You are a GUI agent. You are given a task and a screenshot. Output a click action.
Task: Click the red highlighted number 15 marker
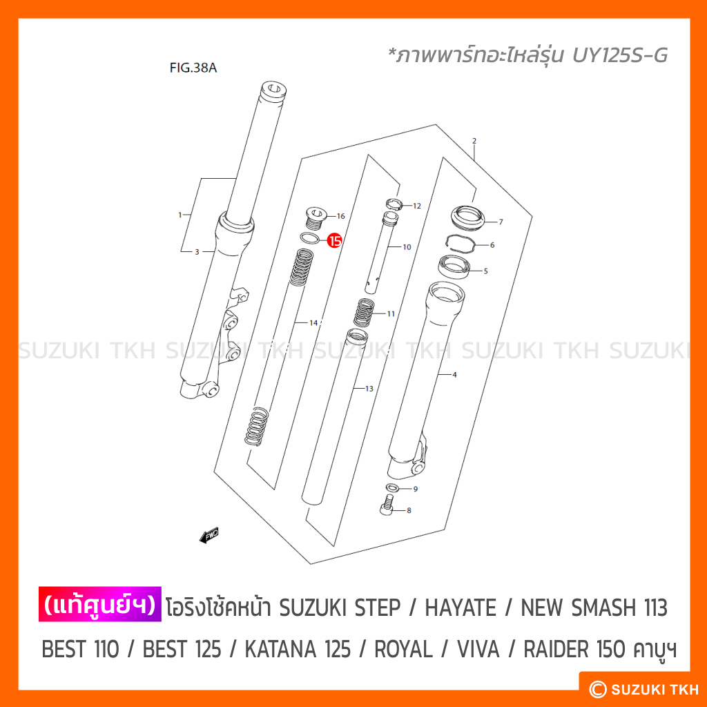tap(335, 241)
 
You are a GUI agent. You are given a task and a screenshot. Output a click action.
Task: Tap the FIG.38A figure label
tap(193, 68)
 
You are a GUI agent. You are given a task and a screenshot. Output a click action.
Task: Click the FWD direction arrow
tap(209, 535)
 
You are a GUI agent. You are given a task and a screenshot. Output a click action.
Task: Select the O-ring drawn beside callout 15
tap(309, 238)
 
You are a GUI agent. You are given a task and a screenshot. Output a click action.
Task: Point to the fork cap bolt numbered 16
tap(316, 217)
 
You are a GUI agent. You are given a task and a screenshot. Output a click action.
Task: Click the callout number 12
tap(416, 206)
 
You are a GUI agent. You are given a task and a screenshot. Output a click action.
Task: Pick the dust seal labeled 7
tap(468, 217)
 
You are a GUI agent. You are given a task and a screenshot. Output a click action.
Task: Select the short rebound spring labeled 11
tap(364, 312)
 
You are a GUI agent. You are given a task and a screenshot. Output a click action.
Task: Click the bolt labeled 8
tap(387, 504)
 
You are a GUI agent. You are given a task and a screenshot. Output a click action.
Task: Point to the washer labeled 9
tap(392, 487)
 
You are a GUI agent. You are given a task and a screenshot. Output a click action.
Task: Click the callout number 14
tap(313, 323)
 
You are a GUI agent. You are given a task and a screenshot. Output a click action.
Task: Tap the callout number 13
tap(369, 389)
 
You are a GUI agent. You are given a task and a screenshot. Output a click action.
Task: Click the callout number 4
tap(454, 375)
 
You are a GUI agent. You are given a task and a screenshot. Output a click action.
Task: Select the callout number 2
tap(474, 141)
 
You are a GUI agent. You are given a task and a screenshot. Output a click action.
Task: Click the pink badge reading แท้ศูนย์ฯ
tap(99, 604)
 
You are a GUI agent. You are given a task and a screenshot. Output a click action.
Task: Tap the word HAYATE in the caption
tap(461, 608)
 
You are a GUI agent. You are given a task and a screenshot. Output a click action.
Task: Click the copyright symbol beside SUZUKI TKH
tap(598, 690)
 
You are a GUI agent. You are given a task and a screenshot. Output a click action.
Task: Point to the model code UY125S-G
tap(620, 55)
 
